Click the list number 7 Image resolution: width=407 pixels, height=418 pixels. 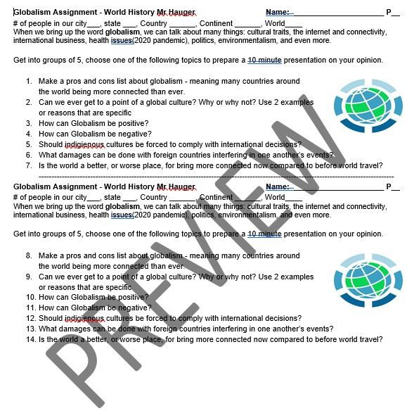pyautogui.click(x=29, y=166)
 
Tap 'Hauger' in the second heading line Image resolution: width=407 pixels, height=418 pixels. pyautogui.click(x=181, y=186)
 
